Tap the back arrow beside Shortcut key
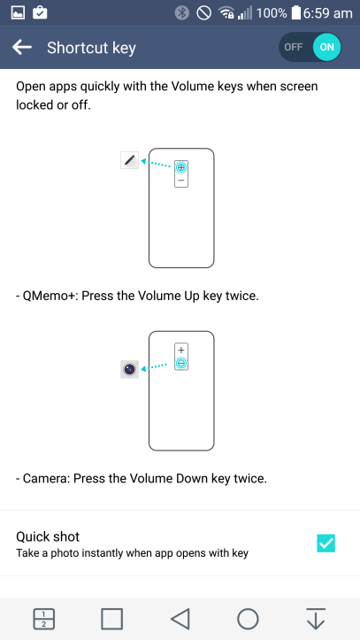coord(22,47)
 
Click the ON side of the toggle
coord(326,47)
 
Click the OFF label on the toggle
coord(293,47)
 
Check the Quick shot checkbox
coord(326,544)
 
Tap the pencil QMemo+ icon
coord(130,160)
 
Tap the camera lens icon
coord(130,369)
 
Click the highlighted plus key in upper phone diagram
coord(181,167)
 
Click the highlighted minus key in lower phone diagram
coord(181,363)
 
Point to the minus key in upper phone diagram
coord(181,181)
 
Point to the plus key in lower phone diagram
coord(181,350)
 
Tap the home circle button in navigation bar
coord(248,619)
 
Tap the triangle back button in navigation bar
coord(180,619)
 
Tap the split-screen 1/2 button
coord(43,619)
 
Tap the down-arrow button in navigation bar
coord(316,619)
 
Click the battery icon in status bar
coord(295,13)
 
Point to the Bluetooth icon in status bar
coord(182,13)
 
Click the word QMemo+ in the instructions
coord(50,296)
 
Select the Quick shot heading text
coord(48,536)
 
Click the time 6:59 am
coord(328,13)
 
